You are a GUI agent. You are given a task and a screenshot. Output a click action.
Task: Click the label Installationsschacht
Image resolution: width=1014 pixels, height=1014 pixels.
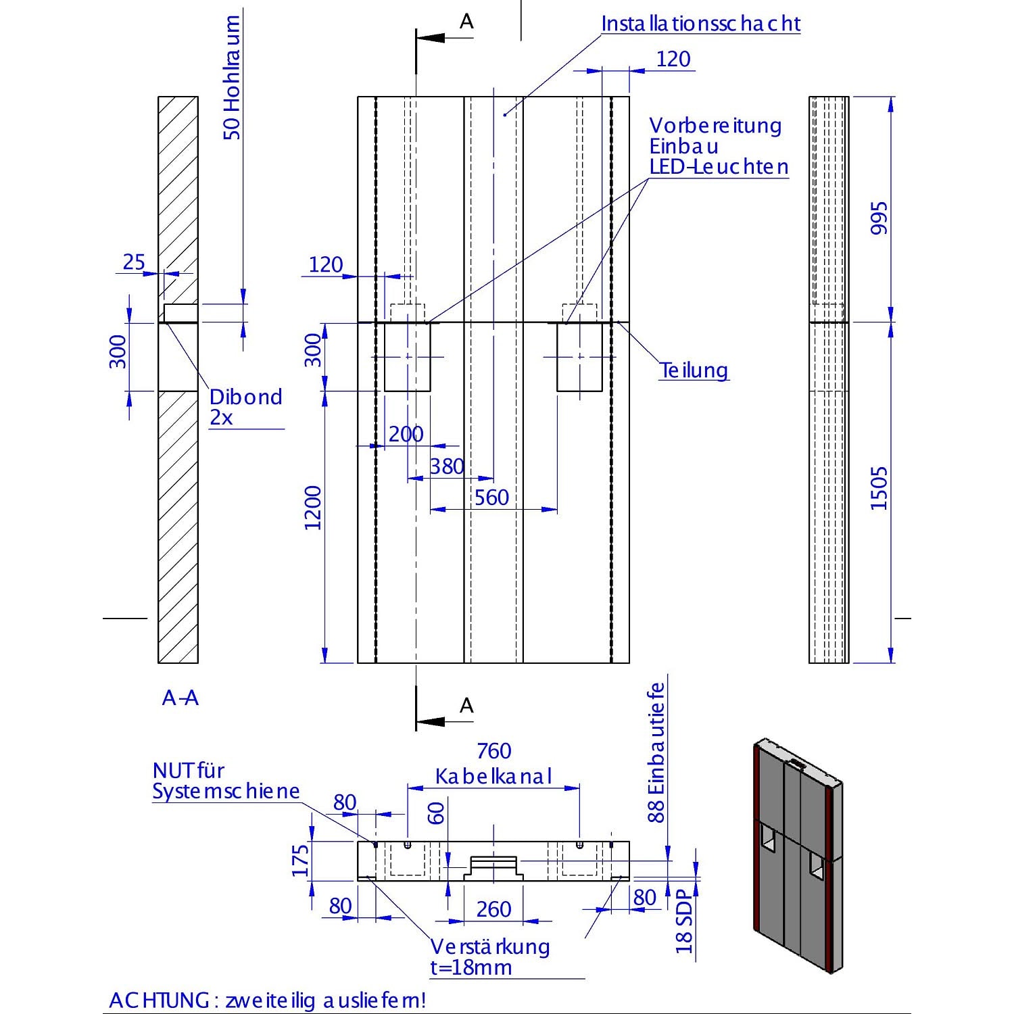(700, 24)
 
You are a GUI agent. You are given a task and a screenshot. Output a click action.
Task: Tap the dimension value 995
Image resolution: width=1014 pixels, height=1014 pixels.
(879, 218)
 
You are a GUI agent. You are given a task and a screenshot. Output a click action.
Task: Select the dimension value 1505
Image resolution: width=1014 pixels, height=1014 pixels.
(879, 487)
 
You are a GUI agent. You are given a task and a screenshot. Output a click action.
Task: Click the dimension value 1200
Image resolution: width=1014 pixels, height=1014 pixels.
(313, 508)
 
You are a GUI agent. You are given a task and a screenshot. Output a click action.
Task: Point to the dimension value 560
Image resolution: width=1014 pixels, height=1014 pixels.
(491, 498)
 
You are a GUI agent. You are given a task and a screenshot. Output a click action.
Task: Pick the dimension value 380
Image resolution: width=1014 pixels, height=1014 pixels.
(447, 466)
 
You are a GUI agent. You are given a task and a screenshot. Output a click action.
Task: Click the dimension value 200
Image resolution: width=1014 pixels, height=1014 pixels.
(406, 434)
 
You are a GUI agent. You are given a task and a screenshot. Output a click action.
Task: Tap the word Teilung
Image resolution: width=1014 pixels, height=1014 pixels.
(694, 370)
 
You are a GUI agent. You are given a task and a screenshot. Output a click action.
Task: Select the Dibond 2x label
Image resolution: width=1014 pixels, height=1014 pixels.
(245, 407)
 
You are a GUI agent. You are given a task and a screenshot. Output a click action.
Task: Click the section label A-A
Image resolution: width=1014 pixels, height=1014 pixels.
(180, 698)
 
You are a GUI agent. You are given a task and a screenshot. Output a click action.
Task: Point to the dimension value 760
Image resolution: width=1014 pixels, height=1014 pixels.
(493, 751)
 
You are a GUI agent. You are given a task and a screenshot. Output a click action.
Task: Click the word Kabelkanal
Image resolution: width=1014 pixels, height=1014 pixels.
(493, 776)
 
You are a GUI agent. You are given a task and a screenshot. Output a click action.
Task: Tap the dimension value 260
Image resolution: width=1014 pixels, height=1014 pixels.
(493, 909)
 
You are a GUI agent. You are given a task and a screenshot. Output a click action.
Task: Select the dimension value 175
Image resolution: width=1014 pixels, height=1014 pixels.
(301, 861)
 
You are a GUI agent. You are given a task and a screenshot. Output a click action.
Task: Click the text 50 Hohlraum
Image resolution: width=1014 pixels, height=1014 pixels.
(232, 78)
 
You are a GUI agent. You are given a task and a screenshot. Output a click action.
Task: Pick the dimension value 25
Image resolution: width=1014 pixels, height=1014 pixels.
(134, 262)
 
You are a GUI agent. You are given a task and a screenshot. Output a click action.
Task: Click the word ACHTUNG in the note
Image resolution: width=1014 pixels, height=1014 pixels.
(159, 1000)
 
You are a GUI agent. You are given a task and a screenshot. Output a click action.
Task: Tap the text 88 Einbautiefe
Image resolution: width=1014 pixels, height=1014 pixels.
(656, 752)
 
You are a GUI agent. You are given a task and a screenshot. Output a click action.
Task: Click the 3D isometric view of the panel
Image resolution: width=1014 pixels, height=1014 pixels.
(798, 856)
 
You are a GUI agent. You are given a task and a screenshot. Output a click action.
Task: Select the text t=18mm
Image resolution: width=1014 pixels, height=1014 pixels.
(470, 967)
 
